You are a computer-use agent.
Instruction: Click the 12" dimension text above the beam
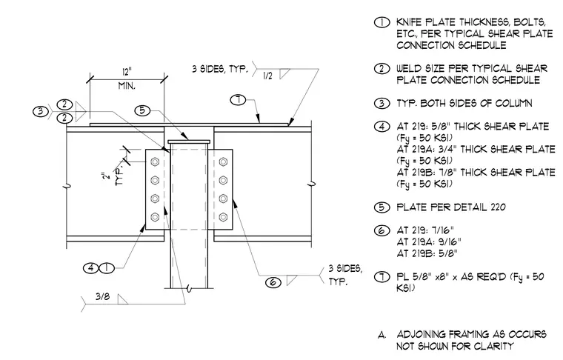127,72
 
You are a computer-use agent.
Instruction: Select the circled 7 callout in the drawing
238,99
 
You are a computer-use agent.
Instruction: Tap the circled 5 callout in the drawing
142,110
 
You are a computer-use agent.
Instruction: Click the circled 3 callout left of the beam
40,111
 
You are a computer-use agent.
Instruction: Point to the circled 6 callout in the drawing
273,282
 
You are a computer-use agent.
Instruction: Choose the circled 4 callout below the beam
91,267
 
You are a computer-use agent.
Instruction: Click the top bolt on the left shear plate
155,162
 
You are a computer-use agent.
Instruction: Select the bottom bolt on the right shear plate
223,217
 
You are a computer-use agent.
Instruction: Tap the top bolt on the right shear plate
223,162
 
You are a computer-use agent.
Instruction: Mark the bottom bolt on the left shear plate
155,217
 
